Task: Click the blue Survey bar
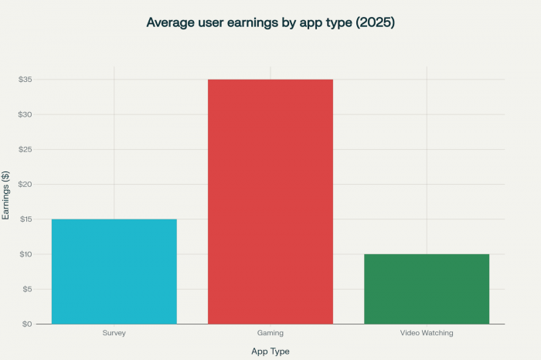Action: (x=114, y=271)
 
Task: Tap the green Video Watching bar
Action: (x=427, y=289)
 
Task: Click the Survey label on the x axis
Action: (x=114, y=333)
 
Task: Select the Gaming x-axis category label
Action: (x=270, y=333)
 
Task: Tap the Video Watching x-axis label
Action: (x=427, y=333)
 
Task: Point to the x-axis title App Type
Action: (x=270, y=351)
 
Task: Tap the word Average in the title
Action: (x=171, y=22)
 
